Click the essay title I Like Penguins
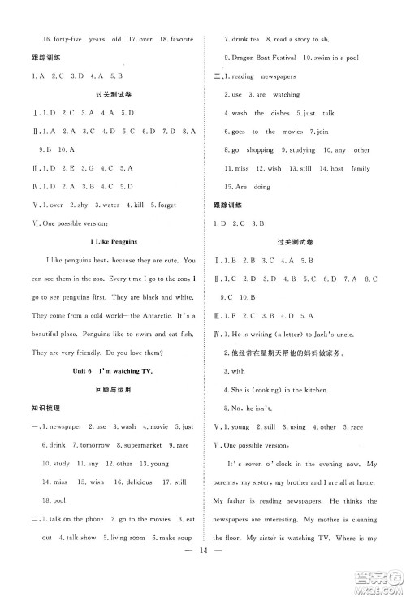point(110,241)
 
